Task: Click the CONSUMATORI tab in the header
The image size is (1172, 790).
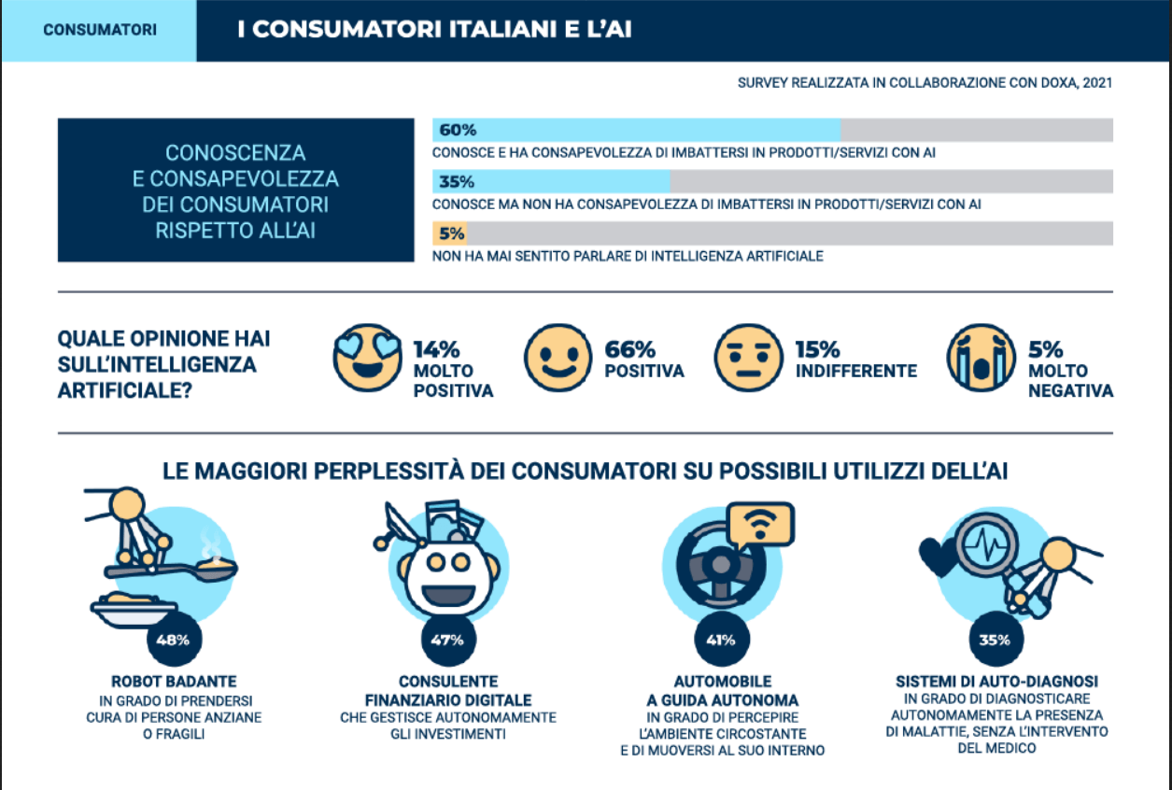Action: [x=99, y=30]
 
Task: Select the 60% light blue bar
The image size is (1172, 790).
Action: [x=636, y=130]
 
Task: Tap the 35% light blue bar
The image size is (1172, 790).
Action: [x=551, y=181]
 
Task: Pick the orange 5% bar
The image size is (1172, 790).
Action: [x=449, y=233]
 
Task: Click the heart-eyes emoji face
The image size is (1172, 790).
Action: [x=367, y=358]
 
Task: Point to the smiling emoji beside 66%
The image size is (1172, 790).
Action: [x=558, y=358]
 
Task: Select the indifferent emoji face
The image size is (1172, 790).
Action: [x=748, y=358]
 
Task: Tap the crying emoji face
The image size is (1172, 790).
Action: [x=980, y=358]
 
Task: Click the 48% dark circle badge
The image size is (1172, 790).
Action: [x=173, y=641]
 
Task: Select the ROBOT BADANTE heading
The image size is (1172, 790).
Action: [x=173, y=681]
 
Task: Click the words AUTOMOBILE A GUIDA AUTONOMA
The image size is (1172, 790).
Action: [x=722, y=690]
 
